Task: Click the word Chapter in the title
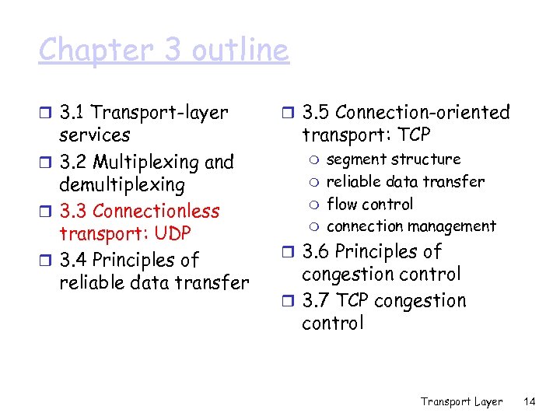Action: (x=86, y=51)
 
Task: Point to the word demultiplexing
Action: (x=122, y=185)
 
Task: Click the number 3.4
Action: (x=74, y=260)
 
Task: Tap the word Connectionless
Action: (x=156, y=211)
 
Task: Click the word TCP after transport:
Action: (x=412, y=135)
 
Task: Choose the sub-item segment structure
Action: (x=394, y=159)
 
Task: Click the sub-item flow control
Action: (x=369, y=204)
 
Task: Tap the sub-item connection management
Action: (x=411, y=226)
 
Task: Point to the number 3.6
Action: (x=317, y=252)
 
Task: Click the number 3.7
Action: (x=316, y=301)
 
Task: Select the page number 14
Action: (x=530, y=401)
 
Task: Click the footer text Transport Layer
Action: (x=461, y=401)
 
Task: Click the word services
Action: (x=94, y=135)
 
